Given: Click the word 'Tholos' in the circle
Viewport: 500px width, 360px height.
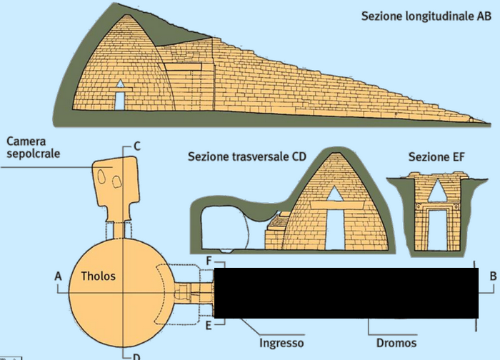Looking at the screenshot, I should pos(99,276).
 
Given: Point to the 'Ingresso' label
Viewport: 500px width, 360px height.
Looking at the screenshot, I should pos(281,343).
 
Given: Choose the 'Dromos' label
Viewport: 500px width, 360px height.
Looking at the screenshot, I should pos(394,343).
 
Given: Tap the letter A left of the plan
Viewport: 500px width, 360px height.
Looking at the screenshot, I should pos(58,276).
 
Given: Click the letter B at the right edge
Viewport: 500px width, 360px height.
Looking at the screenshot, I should pos(493,276).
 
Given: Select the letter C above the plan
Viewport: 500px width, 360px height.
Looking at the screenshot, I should pos(137,146).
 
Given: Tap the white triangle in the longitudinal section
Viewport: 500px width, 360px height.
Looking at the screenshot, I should pos(120,84).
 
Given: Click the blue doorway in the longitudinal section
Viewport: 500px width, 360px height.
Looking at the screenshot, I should pos(119,101).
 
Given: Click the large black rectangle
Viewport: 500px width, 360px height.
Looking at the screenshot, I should pos(346,293).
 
